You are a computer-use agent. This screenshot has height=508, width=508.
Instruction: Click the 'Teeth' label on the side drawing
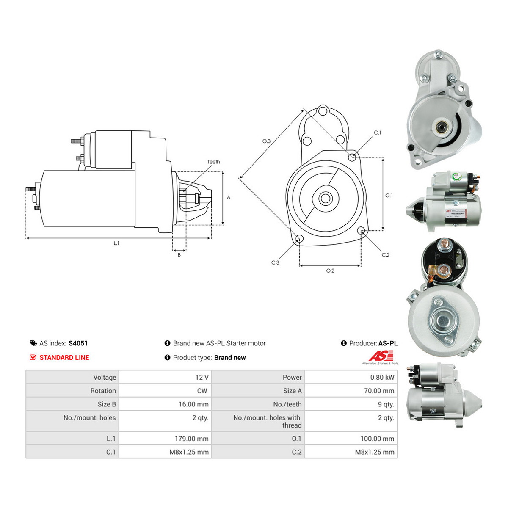coord(213,162)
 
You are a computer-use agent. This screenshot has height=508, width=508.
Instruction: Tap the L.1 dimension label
coord(116,243)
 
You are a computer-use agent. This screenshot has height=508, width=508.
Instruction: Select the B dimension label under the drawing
coord(179,255)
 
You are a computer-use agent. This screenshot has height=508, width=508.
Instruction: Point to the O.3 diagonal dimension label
coord(266,141)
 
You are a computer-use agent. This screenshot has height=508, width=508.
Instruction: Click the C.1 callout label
coord(378,133)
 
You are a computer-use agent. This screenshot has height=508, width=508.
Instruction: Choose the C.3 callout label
coord(275,262)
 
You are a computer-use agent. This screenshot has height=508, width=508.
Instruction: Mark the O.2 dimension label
coord(330,271)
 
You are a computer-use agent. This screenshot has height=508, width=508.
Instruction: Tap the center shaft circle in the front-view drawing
coord(325,199)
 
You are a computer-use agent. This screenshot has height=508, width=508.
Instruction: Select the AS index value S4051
coord(78,343)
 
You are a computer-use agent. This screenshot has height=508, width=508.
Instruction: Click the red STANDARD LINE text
coord(64,357)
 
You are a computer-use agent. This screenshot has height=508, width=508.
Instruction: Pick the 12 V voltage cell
coord(202,378)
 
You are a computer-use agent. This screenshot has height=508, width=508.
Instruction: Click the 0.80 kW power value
coord(382,378)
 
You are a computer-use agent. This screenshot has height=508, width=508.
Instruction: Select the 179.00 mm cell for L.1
coord(192,439)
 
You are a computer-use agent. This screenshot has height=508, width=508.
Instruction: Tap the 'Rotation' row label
coord(103,391)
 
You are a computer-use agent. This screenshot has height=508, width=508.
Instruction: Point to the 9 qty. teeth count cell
coord(386,404)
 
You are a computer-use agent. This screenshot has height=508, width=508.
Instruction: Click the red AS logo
coord(381,356)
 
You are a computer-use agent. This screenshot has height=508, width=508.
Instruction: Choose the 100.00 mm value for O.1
coord(378,439)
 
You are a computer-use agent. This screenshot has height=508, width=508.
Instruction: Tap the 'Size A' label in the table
coord(293,391)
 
